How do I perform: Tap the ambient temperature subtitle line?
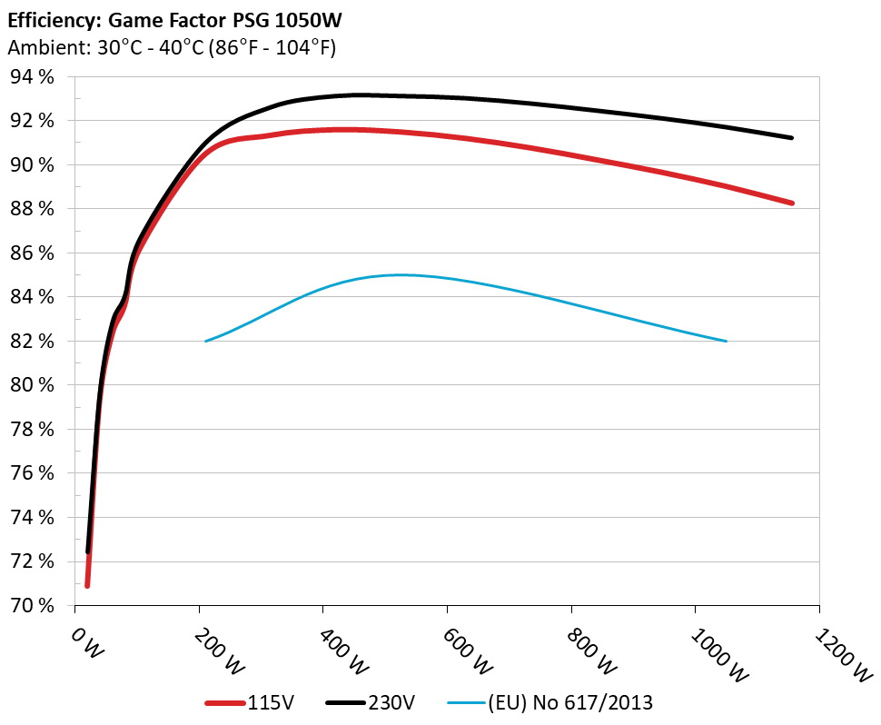[x=172, y=48]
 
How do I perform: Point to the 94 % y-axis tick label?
[x=32, y=77]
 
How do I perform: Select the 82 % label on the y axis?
[x=32, y=342]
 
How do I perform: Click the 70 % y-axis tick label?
[x=32, y=606]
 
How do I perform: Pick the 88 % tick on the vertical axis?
[x=32, y=209]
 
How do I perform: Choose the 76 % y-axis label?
[x=32, y=473]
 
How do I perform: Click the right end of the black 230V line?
[x=792, y=138]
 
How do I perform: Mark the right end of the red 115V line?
[x=792, y=204]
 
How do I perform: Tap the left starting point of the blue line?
[x=206, y=342]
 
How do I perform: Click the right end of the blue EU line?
[x=727, y=342]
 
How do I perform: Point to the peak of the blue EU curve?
[x=400, y=274]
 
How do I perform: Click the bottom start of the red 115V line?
[x=87, y=585]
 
